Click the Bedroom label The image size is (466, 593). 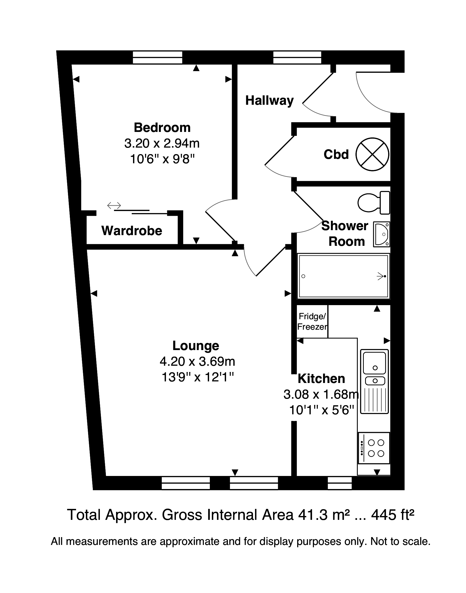[162, 127]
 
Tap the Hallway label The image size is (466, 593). [269, 101]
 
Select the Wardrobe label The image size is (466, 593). [132, 231]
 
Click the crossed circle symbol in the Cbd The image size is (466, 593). [372, 154]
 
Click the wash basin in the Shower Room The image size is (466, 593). [381, 234]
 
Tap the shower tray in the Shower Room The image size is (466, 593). [343, 276]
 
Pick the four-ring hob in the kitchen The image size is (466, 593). [374, 448]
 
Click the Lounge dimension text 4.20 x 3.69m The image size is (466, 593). [197, 362]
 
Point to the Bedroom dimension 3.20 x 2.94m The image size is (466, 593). [162, 143]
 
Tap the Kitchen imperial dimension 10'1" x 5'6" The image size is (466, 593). [321, 410]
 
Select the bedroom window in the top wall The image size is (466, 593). [157, 57]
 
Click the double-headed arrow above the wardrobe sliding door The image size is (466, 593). [114, 205]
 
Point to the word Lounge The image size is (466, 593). [195, 346]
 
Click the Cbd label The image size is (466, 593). [336, 155]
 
